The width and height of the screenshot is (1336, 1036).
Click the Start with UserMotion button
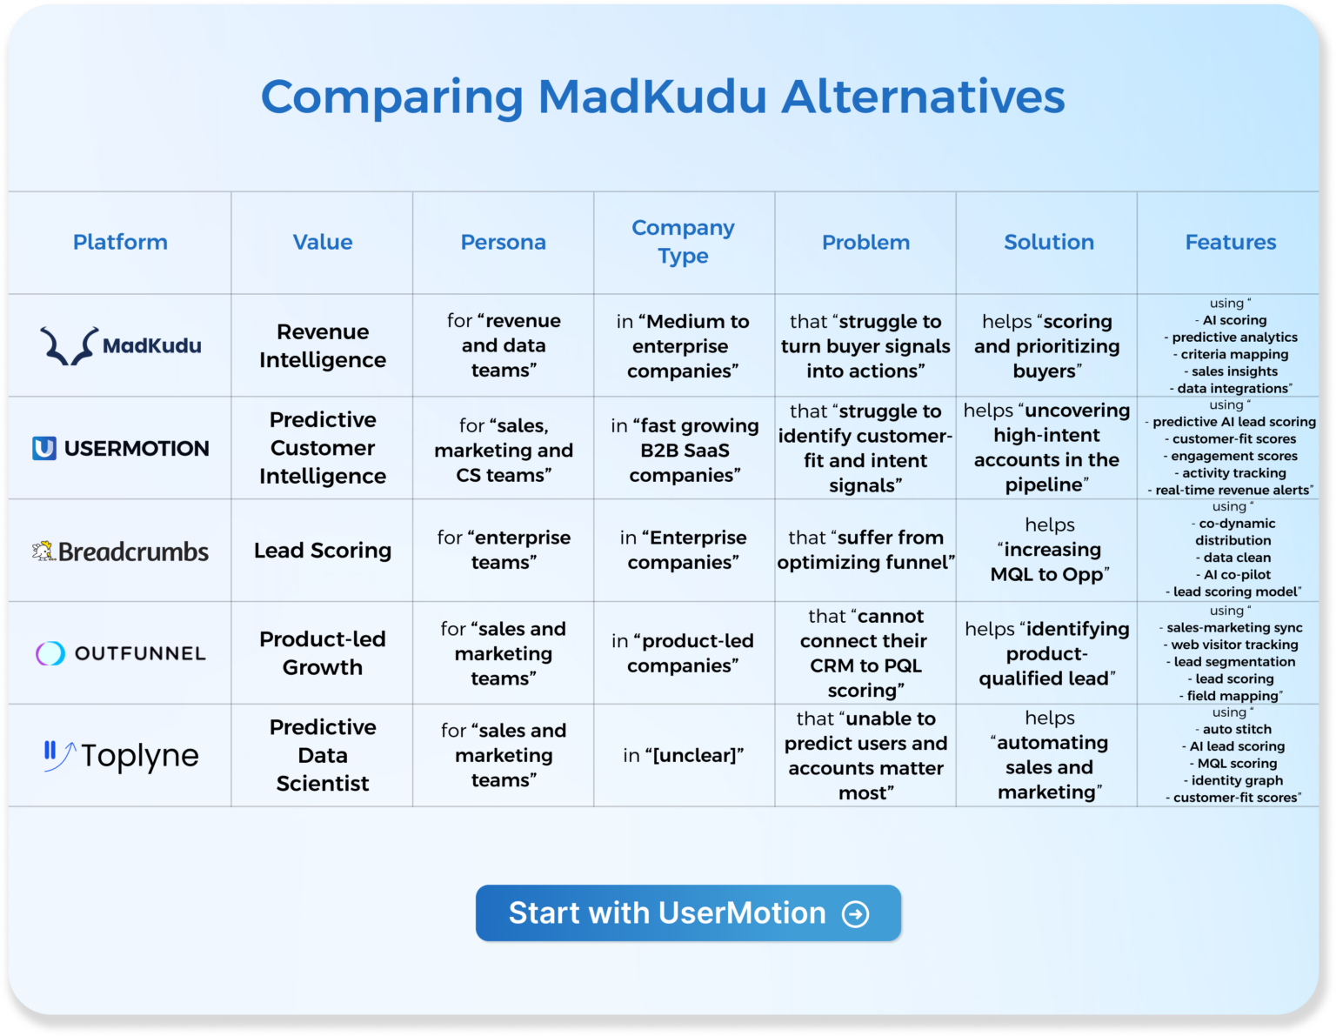click(x=687, y=912)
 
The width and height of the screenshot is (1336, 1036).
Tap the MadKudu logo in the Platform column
click(x=121, y=345)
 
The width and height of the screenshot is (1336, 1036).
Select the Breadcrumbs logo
click(x=121, y=551)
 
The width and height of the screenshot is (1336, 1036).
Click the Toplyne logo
click(x=121, y=755)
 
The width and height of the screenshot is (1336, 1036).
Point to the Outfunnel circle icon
click(x=50, y=653)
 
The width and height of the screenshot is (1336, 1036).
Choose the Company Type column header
click(x=683, y=242)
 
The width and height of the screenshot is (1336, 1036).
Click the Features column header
click(x=1230, y=242)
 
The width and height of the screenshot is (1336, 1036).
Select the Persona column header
click(x=503, y=242)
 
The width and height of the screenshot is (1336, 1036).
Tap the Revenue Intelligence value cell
click(x=322, y=345)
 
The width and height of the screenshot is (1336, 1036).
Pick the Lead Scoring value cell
click(x=322, y=551)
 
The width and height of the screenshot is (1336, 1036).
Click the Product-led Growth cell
click(x=322, y=653)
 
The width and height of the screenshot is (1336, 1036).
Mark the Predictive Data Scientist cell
click(x=322, y=755)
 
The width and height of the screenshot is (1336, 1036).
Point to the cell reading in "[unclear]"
click(x=683, y=755)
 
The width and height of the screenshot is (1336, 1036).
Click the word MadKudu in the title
click(x=652, y=97)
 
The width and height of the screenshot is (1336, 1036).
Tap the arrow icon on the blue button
click(x=856, y=913)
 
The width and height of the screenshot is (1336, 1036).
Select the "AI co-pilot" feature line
click(x=1237, y=575)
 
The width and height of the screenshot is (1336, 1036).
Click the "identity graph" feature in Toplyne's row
click(x=1237, y=780)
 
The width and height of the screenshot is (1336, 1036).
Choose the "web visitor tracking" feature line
click(x=1234, y=645)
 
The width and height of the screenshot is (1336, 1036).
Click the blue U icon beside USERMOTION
click(x=44, y=448)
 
